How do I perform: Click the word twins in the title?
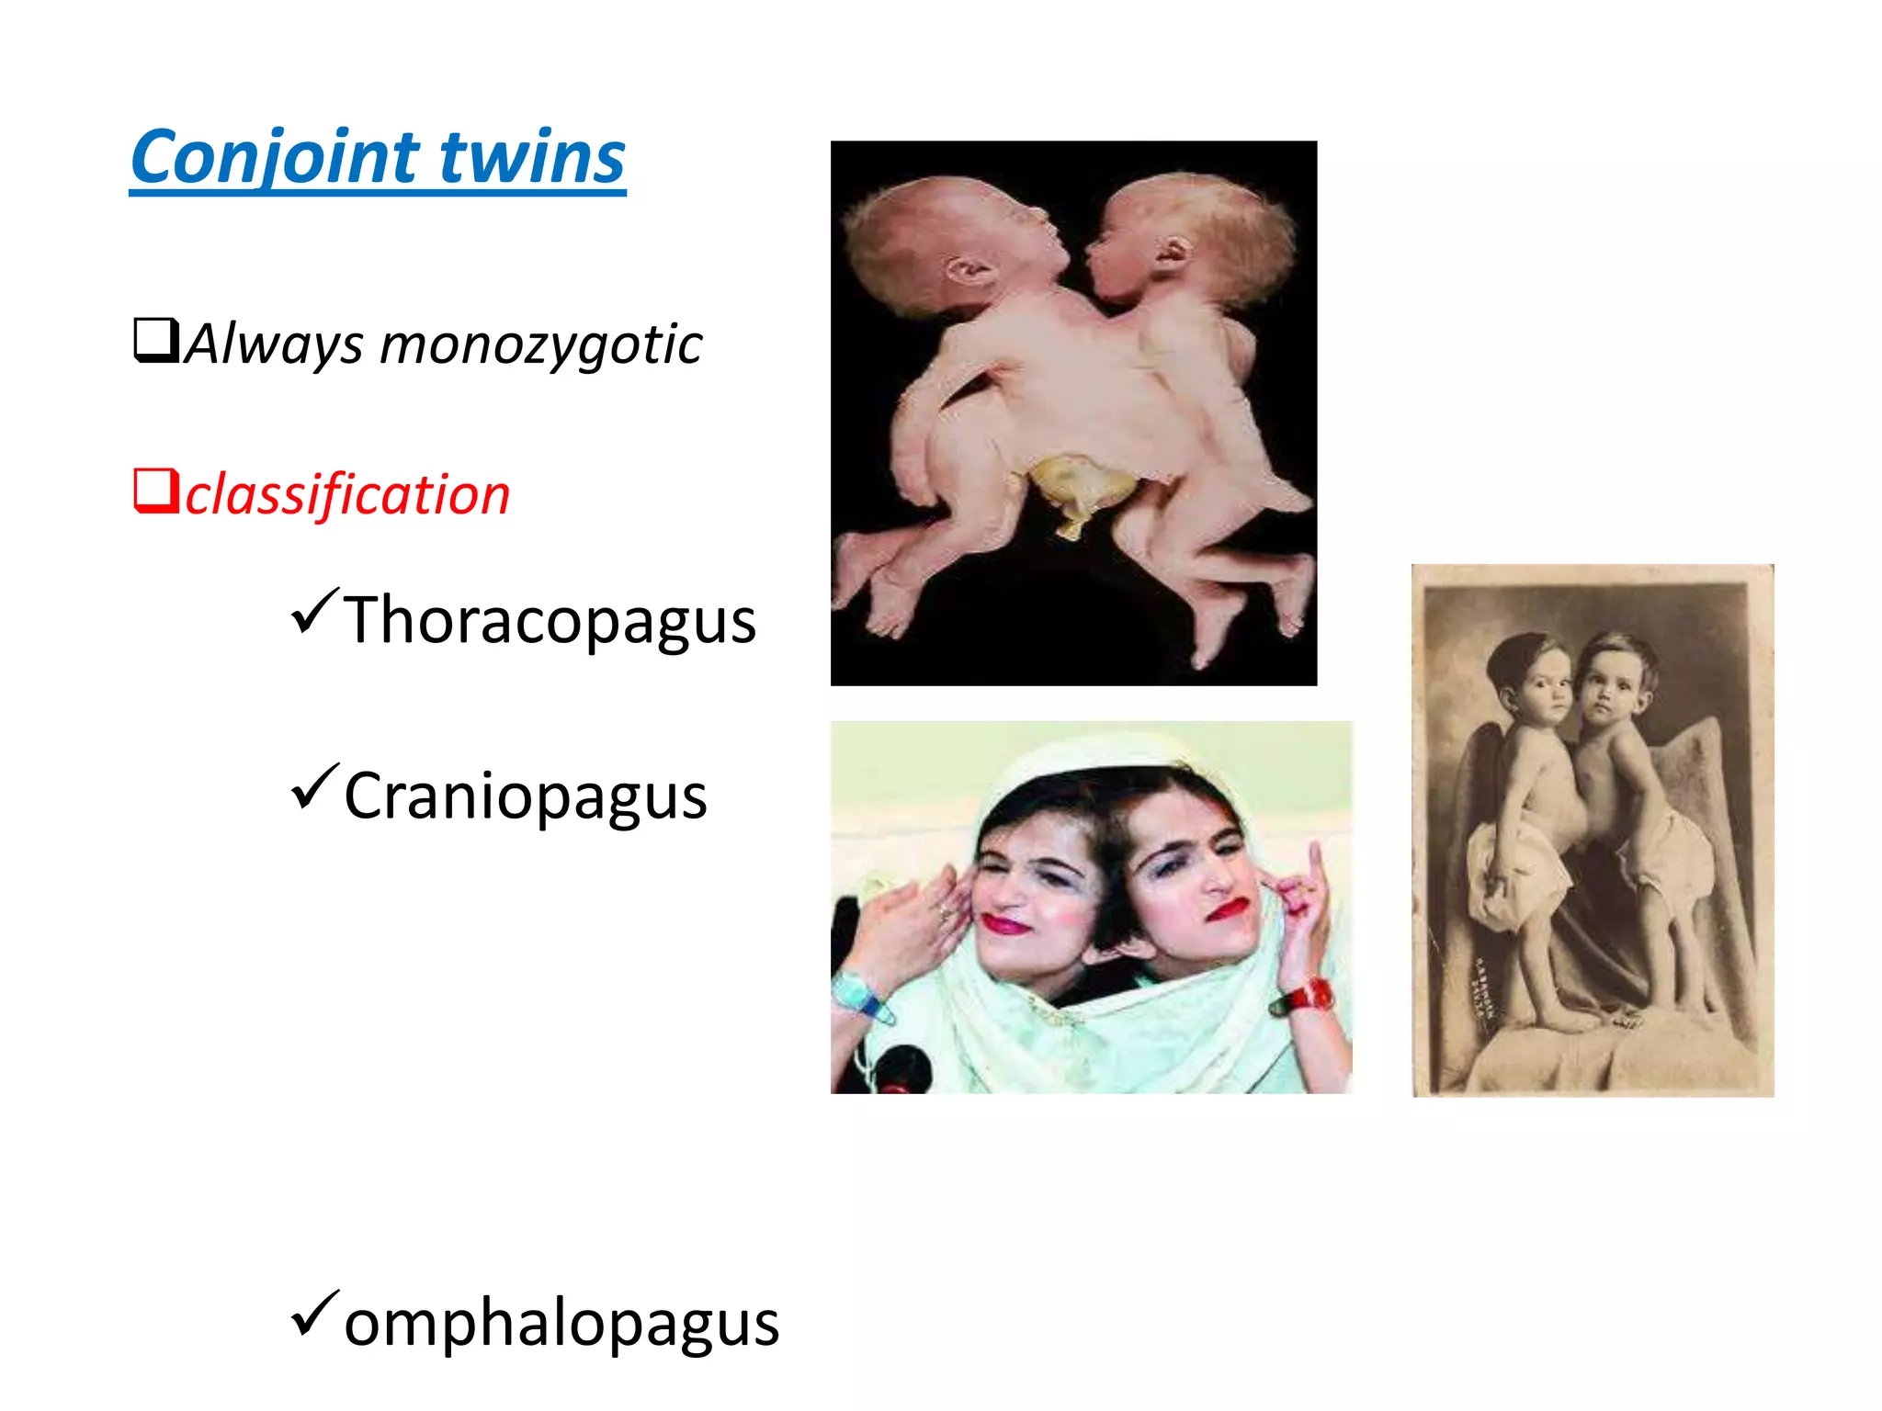point(532,158)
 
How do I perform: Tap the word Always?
point(274,345)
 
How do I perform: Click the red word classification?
point(347,496)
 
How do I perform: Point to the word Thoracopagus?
point(550,622)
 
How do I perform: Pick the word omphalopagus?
point(561,1325)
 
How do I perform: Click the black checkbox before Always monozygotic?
point(155,340)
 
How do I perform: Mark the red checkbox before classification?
point(155,491)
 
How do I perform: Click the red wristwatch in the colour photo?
point(1305,997)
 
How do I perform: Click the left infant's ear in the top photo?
point(968,272)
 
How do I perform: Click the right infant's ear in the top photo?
point(1173,250)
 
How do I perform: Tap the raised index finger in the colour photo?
point(1315,867)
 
